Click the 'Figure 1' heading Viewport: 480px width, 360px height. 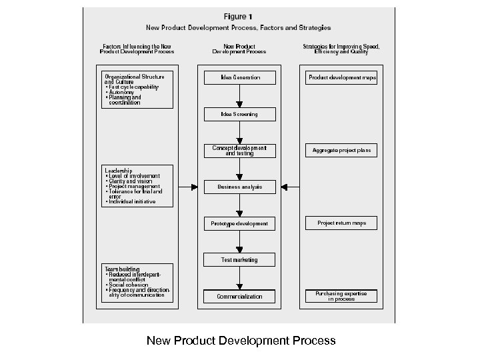click(x=239, y=16)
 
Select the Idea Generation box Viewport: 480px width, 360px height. click(x=239, y=78)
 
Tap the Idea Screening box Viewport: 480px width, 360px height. click(x=239, y=115)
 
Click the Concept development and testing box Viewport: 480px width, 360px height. click(x=239, y=150)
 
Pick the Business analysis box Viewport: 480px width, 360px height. click(x=239, y=187)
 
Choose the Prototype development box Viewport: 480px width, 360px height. click(x=239, y=223)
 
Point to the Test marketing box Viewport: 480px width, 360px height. click(x=239, y=259)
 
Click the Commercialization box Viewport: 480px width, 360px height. click(x=239, y=296)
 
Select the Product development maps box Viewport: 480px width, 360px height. click(x=342, y=78)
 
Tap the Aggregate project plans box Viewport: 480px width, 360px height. click(x=342, y=150)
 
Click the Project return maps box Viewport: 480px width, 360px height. click(x=342, y=223)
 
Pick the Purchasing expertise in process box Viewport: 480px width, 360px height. click(x=342, y=296)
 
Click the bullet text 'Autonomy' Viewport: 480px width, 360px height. click(x=121, y=92)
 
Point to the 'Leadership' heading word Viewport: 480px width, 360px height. click(x=118, y=171)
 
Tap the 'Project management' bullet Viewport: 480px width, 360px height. click(x=133, y=186)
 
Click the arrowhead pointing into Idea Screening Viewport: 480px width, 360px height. click(x=239, y=105)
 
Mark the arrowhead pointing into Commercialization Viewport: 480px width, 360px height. click(x=239, y=286)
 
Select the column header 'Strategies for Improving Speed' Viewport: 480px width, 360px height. click(x=341, y=46)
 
